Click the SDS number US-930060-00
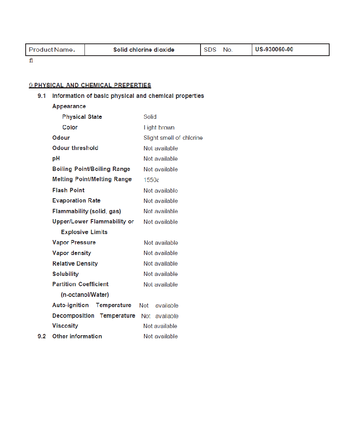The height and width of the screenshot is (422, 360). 274,50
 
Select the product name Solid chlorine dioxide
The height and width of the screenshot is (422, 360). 144,50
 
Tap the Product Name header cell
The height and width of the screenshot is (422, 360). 52,50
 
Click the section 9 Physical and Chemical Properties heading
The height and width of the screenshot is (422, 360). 90,85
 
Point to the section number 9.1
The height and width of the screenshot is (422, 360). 42,96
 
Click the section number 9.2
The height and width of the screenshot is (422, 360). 42,336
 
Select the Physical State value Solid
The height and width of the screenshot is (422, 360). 150,117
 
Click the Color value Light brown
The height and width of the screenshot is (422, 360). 159,128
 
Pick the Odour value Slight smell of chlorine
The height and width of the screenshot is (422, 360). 173,138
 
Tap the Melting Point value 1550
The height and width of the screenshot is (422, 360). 151,180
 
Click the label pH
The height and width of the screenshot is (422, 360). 56,159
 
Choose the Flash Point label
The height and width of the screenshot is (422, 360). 68,190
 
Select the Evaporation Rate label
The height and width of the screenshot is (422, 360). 76,201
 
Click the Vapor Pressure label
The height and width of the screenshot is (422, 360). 74,242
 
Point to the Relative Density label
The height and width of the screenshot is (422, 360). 75,264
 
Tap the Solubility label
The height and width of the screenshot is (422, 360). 66,274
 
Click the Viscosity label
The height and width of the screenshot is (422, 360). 65,326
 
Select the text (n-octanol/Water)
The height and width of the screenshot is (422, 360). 85,295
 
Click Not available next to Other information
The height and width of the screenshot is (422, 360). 161,336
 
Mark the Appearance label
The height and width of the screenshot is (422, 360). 69,106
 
